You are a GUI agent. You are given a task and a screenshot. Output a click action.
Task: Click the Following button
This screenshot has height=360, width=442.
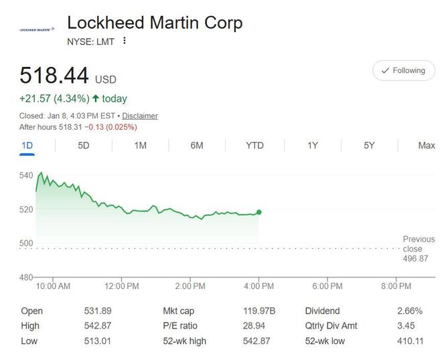[x=403, y=70]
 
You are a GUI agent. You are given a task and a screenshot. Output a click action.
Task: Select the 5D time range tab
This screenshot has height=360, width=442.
[x=84, y=145]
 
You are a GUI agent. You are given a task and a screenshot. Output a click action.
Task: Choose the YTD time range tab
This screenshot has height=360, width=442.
[x=254, y=145]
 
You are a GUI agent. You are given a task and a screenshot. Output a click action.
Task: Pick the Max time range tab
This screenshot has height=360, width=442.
[x=426, y=145]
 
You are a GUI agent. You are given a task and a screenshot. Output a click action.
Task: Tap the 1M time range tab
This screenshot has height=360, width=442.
[x=140, y=145]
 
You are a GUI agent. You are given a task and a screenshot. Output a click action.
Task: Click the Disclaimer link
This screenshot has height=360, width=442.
[x=140, y=116]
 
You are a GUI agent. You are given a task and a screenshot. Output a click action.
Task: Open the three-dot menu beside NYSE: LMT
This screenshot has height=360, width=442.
[x=125, y=41]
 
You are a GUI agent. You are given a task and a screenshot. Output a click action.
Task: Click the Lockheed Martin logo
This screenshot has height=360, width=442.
[x=37, y=30]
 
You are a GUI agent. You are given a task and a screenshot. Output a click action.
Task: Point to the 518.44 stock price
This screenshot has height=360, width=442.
[x=54, y=74]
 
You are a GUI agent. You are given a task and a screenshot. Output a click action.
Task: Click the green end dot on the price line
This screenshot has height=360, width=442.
[x=259, y=212]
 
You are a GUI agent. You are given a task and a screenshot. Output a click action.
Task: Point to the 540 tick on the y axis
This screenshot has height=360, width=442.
[x=26, y=175]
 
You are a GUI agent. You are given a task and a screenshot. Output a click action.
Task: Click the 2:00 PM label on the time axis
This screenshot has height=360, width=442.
[x=190, y=286]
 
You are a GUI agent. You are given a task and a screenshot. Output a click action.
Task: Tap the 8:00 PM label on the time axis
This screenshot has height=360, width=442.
[x=396, y=286]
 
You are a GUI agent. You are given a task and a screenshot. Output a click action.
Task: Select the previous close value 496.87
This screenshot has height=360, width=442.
[x=415, y=258]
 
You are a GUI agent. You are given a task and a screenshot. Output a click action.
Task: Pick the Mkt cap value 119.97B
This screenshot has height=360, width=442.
[x=259, y=311]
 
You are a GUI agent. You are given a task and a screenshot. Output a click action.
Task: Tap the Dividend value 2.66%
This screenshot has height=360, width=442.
[x=409, y=311]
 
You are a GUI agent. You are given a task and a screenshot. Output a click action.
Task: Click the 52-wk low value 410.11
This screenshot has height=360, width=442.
[x=409, y=341]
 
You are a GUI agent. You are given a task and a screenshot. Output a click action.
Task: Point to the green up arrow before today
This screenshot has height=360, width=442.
[x=96, y=98]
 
